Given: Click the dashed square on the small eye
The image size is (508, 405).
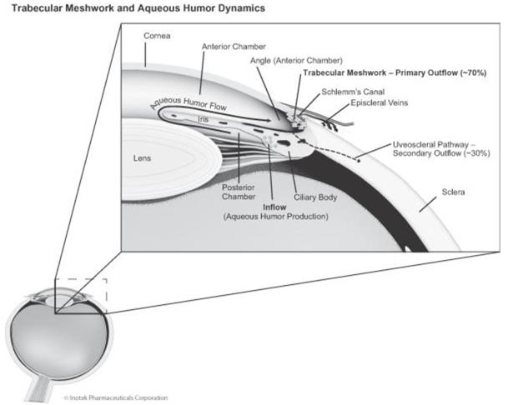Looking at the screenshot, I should (x=79, y=294).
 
